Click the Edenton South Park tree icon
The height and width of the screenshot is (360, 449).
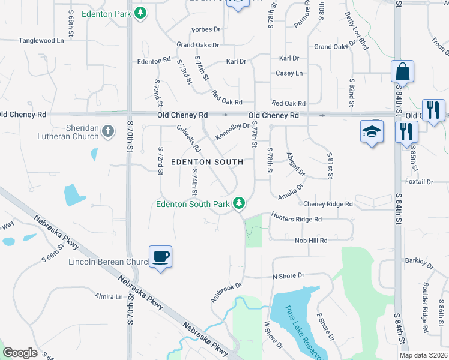[239, 203]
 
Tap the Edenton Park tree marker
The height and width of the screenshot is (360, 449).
[140, 12]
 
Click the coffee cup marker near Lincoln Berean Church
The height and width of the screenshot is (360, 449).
[160, 257]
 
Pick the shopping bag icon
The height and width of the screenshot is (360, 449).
[402, 71]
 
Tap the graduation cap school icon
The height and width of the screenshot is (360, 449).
[372, 131]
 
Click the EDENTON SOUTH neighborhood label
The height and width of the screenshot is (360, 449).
[207, 162]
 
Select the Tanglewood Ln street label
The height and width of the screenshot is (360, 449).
[41, 41]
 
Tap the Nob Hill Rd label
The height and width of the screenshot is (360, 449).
[310, 241]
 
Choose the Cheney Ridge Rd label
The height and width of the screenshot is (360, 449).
[328, 204]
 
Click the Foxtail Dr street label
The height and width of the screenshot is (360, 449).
[419, 182]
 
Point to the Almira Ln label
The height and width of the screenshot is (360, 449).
[109, 296]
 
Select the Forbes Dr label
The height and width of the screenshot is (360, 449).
[206, 29]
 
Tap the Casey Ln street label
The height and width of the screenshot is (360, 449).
[289, 73]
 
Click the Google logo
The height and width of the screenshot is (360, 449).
[20, 353]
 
